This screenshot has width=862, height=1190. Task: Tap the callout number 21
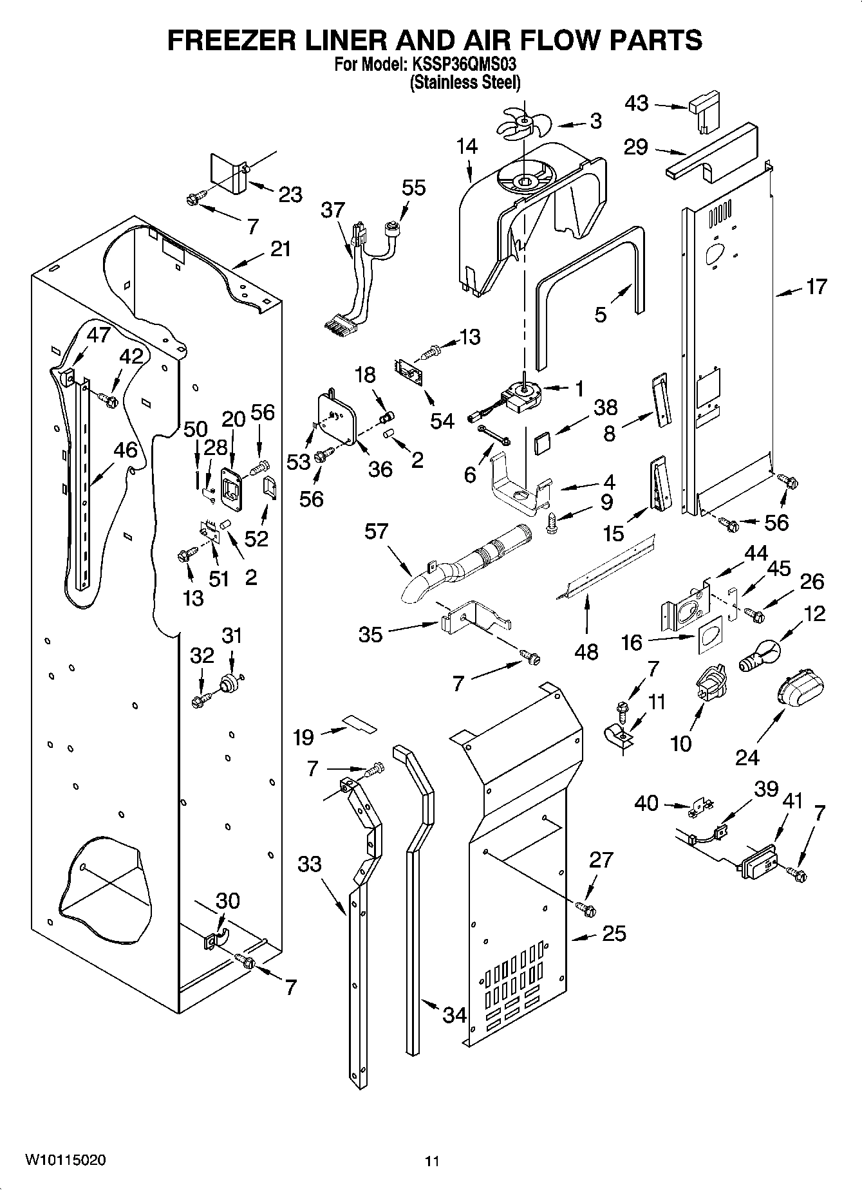[280, 249]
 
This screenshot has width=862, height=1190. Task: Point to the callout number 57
[377, 531]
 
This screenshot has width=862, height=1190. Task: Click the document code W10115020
[66, 1160]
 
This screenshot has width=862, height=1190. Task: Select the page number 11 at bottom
[432, 1161]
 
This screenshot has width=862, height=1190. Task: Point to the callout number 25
[614, 933]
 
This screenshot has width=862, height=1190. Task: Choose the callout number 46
[126, 450]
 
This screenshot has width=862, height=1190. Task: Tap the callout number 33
[309, 863]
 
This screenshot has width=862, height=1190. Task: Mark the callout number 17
[816, 286]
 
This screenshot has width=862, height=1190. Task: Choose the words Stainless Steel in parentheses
[465, 82]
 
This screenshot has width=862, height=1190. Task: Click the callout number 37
[333, 210]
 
